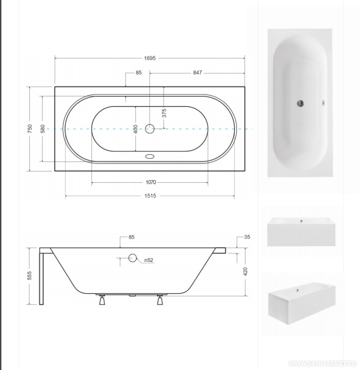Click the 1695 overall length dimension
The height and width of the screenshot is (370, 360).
(x=150, y=58)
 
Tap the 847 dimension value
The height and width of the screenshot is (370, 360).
(x=197, y=73)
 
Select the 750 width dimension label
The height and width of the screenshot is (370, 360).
(x=30, y=129)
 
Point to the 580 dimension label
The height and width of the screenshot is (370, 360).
(x=43, y=129)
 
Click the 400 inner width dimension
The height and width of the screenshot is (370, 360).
(x=136, y=129)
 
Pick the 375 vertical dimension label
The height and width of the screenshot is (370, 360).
(x=164, y=113)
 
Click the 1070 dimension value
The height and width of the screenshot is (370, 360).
(x=151, y=182)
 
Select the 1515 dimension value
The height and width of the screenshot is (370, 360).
(x=150, y=196)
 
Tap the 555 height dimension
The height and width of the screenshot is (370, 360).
(x=29, y=275)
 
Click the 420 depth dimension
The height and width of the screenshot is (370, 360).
(x=245, y=272)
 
